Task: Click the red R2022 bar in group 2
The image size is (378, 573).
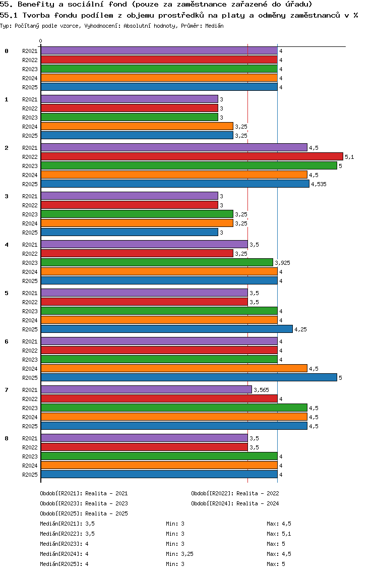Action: click(x=192, y=157)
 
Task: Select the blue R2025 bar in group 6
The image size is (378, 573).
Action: click(x=188, y=377)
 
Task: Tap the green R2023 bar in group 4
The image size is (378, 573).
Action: click(x=157, y=263)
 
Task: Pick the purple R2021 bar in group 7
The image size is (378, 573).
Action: click(x=146, y=390)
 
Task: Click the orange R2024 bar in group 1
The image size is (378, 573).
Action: click(x=137, y=127)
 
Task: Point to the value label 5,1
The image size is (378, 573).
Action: click(x=349, y=157)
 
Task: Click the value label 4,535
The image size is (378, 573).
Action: click(x=319, y=185)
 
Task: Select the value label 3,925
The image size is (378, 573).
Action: click(x=282, y=263)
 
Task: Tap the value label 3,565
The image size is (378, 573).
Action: click(x=261, y=390)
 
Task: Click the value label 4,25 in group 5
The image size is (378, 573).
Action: click(x=300, y=330)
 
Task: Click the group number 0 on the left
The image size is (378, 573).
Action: click(x=7, y=51)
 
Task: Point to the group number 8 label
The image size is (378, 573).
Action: click(x=7, y=438)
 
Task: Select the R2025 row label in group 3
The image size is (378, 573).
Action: click(x=30, y=233)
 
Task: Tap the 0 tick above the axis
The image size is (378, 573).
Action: click(x=41, y=41)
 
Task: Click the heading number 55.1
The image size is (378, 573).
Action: click(x=9, y=15)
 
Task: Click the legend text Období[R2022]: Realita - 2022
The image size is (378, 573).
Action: click(x=235, y=493)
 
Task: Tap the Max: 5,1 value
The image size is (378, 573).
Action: click(x=279, y=534)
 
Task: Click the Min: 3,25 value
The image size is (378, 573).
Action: click(x=179, y=554)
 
